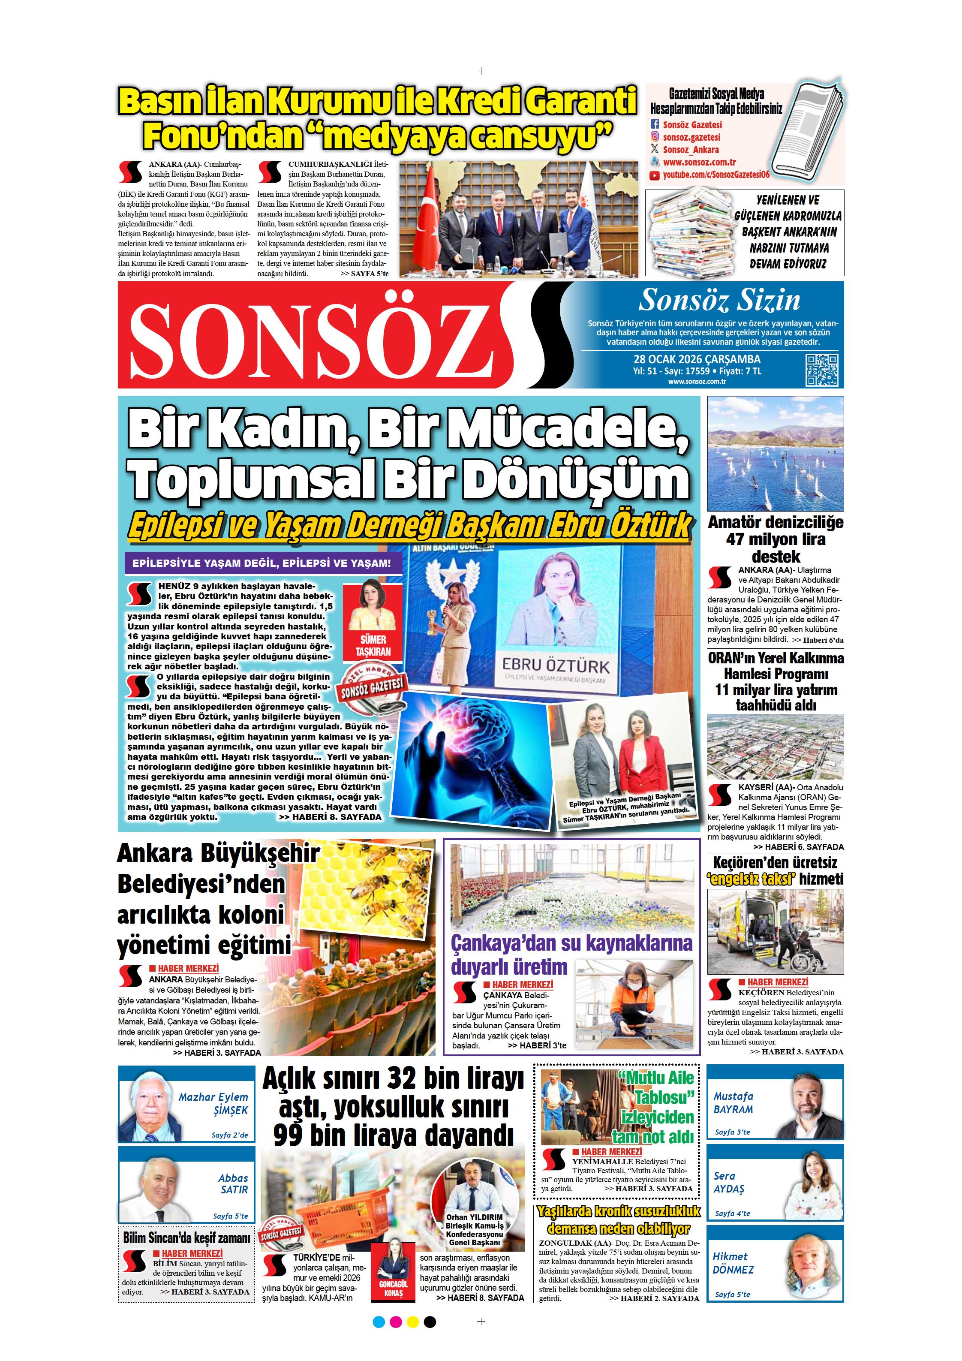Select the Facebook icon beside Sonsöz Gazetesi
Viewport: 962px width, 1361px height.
(x=655, y=124)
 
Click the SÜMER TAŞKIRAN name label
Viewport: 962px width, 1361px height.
(x=373, y=645)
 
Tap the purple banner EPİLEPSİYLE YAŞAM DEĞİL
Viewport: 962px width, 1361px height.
(x=262, y=563)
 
